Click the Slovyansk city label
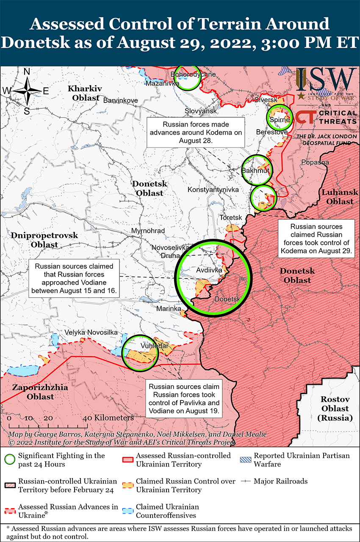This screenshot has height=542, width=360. [x=201, y=111]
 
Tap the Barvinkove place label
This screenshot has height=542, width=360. [x=120, y=100]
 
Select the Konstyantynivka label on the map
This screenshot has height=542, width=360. [x=213, y=190]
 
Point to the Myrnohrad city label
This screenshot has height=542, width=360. [x=148, y=231]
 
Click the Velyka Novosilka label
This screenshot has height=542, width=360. [x=91, y=333]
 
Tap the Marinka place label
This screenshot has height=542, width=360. [x=169, y=309]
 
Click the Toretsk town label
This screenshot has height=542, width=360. [x=230, y=218]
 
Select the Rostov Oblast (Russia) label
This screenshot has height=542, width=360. [x=335, y=408]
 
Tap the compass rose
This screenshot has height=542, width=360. [x=26, y=91]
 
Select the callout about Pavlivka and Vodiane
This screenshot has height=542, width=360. [x=184, y=399]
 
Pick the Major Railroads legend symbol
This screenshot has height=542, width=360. [x=246, y=481]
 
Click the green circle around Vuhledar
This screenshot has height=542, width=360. [x=139, y=352]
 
